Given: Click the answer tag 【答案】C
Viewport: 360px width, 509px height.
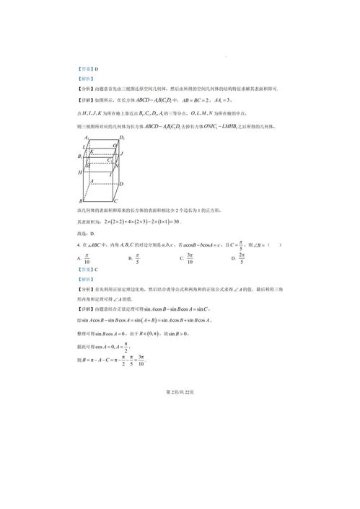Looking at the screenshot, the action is [86, 268].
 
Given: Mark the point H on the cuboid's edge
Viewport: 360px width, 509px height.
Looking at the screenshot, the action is [79, 173].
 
